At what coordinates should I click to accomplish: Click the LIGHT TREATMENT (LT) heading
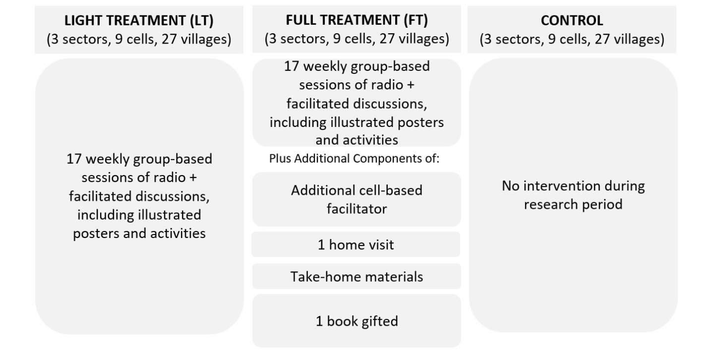click(x=139, y=20)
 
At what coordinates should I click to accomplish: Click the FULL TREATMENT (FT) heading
click(x=356, y=20)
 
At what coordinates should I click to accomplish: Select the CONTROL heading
click(x=572, y=20)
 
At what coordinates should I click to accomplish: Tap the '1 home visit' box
click(x=355, y=244)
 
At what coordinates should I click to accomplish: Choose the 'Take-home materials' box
click(x=356, y=276)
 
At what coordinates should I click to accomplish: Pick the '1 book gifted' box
click(x=356, y=321)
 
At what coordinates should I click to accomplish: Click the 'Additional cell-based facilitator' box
click(x=356, y=199)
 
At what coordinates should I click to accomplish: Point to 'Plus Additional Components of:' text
click(x=354, y=159)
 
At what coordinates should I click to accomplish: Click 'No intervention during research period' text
click(x=573, y=195)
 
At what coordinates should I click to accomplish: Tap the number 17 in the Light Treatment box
click(x=74, y=159)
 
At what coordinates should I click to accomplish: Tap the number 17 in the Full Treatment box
click(x=292, y=66)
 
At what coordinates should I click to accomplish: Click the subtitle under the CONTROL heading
click(x=572, y=39)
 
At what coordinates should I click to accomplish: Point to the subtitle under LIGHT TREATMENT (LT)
click(x=139, y=39)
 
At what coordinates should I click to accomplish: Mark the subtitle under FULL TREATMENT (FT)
click(x=356, y=39)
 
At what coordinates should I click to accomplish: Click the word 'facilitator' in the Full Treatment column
click(x=356, y=209)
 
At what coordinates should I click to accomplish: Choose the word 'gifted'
click(x=380, y=321)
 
